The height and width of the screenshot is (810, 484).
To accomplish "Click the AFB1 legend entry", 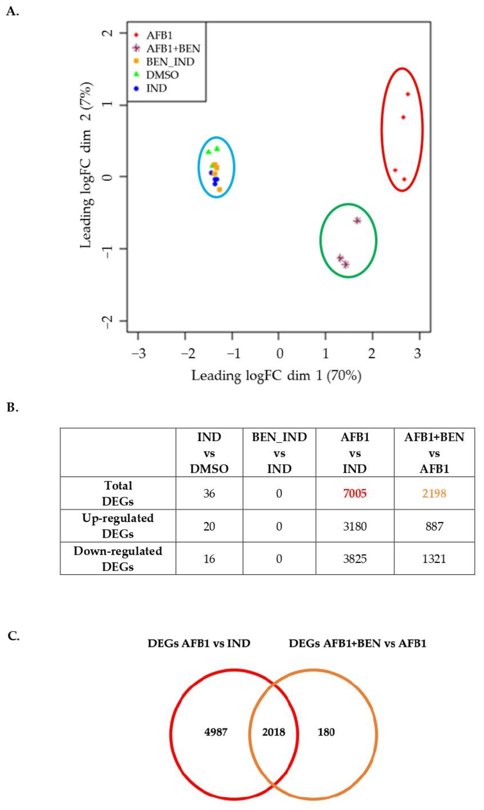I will click(159, 35).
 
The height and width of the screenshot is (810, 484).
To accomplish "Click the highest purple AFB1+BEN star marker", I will click(357, 221).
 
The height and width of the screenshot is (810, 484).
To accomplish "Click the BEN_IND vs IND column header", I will click(279, 453).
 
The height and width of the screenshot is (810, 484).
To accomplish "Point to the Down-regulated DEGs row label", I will click(118, 559).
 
